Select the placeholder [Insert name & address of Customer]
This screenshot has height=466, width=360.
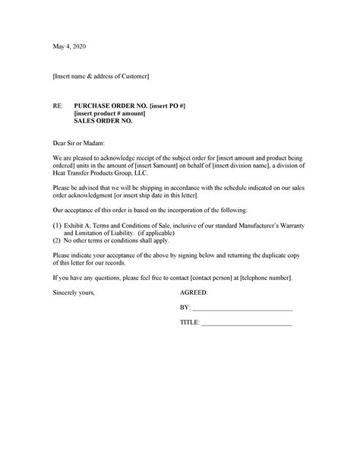point(101,77)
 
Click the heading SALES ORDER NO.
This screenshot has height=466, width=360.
point(103,122)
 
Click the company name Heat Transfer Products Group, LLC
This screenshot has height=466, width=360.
point(96,173)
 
